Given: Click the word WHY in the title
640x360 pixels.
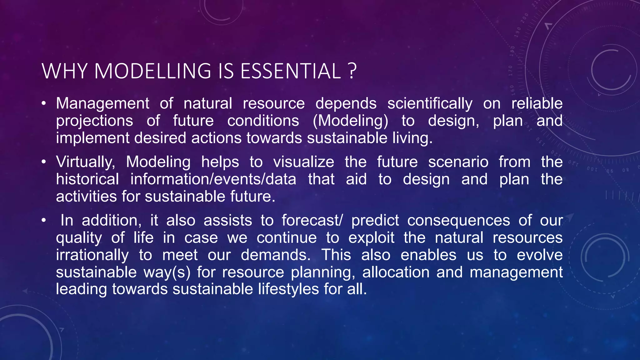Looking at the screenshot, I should pos(64,71).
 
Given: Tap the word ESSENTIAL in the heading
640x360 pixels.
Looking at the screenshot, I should pos(290,71).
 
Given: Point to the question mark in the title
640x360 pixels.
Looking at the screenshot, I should pos(352,71).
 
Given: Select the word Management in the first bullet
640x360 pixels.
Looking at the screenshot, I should pos(102,103).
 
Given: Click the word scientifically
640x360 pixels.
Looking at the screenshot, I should pos(430,103).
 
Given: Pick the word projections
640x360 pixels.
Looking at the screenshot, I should pos(94,121).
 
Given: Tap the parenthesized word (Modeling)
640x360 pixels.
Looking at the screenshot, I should pos(350,121).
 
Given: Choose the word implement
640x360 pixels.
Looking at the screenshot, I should pos(92,138).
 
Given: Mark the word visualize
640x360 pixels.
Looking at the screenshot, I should pos(303,162).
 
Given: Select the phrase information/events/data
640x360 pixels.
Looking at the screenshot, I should pos(213,179).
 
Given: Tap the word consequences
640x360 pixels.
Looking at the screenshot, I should pos(458,220).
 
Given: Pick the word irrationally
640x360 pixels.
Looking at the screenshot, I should pos(92,255).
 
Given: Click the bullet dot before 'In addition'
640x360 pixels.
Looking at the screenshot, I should pos(44,220).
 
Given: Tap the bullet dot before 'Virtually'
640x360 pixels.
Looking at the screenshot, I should pos(44,162).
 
